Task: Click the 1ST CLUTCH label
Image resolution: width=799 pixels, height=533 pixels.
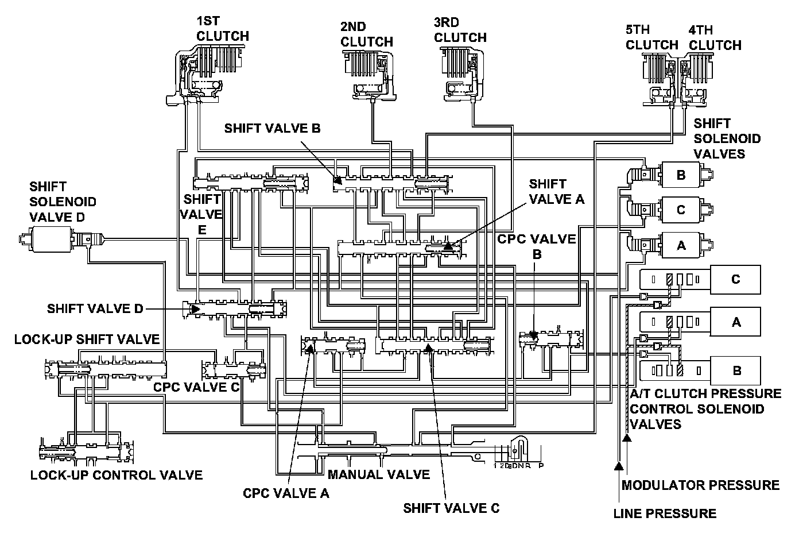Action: click(x=222, y=28)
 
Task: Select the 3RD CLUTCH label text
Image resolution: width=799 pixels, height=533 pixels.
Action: click(x=460, y=30)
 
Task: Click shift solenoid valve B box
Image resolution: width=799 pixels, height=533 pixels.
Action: click(x=681, y=175)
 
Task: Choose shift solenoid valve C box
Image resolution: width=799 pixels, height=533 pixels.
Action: click(x=681, y=210)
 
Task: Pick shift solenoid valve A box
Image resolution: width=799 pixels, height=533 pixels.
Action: click(x=681, y=245)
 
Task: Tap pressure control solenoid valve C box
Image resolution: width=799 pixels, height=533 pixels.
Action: click(x=735, y=280)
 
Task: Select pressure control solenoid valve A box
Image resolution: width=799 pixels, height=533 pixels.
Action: click(x=735, y=322)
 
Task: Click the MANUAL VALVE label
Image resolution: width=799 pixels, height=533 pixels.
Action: click(x=378, y=474)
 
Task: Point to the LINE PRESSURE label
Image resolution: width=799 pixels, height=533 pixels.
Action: click(x=665, y=513)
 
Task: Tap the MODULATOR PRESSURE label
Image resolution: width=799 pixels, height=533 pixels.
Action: click(x=700, y=485)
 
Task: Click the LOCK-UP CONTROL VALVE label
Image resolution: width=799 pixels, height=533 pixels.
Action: click(x=117, y=475)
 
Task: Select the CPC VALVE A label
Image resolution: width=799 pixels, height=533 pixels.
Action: click(x=286, y=493)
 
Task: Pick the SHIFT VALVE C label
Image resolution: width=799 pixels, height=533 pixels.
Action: click(x=451, y=508)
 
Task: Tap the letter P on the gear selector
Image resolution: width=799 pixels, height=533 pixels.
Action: click(x=541, y=465)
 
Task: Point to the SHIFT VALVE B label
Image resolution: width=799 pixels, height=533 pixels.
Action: click(x=272, y=128)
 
